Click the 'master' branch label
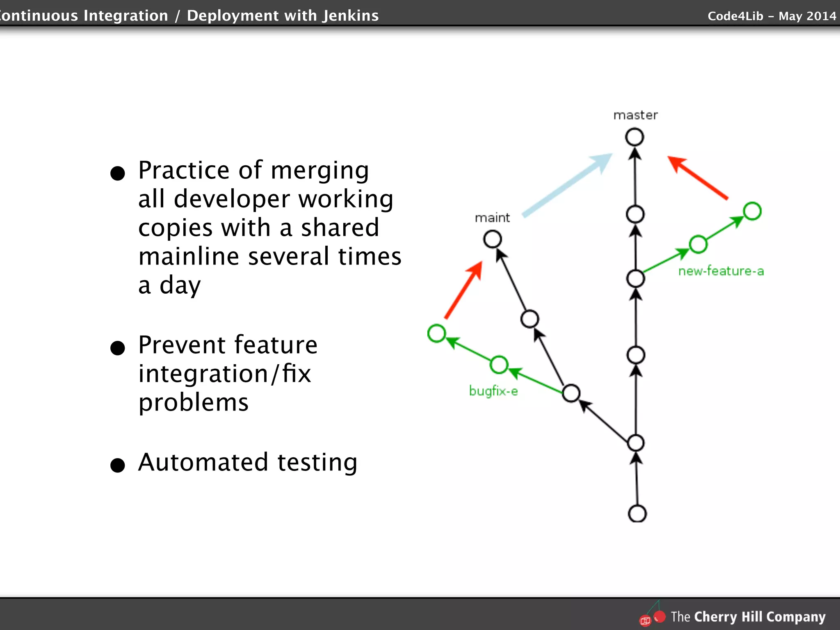click(635, 115)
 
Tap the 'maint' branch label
click(492, 218)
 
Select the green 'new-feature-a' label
click(721, 271)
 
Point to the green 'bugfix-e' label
click(493, 391)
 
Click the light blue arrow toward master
click(567, 185)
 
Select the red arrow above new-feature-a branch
click(698, 178)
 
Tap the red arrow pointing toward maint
click(463, 290)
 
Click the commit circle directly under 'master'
click(635, 137)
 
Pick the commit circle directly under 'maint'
click(493, 239)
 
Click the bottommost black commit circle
click(637, 514)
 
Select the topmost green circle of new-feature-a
click(752, 211)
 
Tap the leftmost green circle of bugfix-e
click(436, 333)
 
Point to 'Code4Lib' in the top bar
click(735, 16)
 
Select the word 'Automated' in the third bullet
click(203, 462)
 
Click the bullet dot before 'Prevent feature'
click(118, 348)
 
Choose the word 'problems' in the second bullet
click(193, 402)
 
